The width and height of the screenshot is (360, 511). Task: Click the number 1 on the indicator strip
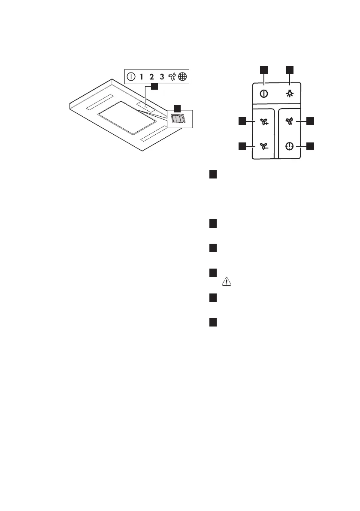(x=142, y=77)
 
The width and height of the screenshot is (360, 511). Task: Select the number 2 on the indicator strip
(x=151, y=77)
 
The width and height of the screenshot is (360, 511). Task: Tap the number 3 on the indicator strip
(x=162, y=77)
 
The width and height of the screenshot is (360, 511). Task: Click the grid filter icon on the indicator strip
(x=183, y=77)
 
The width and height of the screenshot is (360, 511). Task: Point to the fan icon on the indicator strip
(x=172, y=77)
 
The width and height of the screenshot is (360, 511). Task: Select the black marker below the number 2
(x=154, y=87)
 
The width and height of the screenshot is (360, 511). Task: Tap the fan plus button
(x=263, y=122)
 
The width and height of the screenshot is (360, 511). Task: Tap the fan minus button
(x=263, y=146)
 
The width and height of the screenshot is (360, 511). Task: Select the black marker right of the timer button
(x=311, y=146)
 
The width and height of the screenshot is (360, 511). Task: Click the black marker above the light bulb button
(x=290, y=70)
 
